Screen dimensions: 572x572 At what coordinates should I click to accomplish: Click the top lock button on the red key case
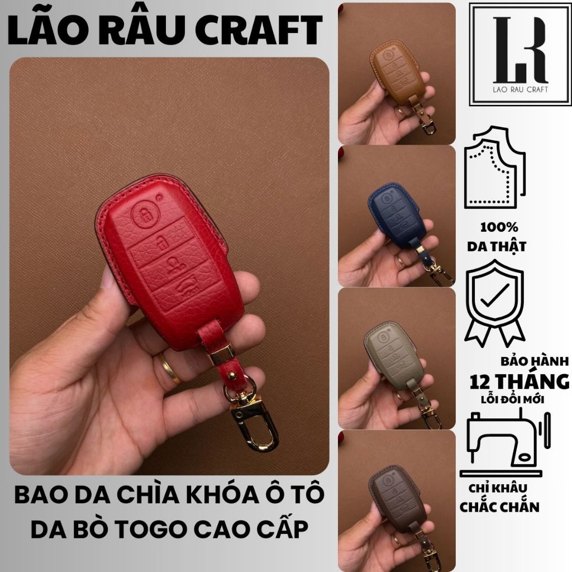coord(146,217)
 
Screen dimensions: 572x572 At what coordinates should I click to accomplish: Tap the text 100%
coord(499,227)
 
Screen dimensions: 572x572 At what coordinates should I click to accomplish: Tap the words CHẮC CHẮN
coord(504,507)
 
